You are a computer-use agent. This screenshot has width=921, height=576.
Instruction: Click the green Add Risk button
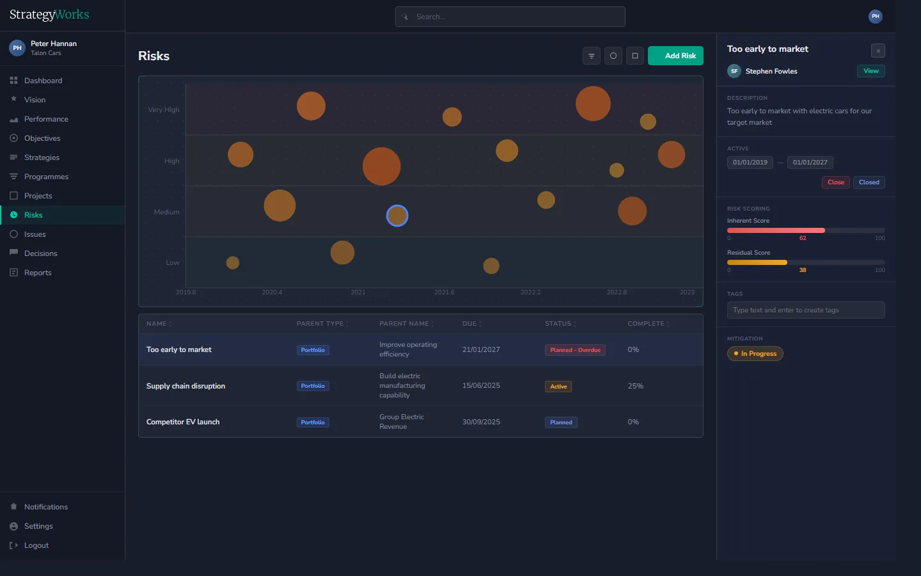tap(675, 56)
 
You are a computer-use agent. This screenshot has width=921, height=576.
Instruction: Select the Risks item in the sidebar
tap(33, 215)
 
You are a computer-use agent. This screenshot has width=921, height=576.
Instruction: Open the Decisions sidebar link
tap(40, 253)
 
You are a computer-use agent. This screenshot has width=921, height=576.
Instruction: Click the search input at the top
tap(510, 17)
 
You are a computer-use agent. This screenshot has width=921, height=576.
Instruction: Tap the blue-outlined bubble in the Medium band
tap(397, 216)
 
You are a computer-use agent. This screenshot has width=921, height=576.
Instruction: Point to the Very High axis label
tap(164, 109)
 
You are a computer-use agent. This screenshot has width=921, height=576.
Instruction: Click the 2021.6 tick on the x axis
tap(445, 292)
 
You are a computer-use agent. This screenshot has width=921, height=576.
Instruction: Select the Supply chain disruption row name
tap(185, 386)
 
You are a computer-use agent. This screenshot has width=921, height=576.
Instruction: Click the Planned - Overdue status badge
tap(575, 350)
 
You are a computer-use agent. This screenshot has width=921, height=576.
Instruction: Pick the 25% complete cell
tap(635, 386)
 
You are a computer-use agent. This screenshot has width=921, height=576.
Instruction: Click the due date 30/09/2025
tap(481, 422)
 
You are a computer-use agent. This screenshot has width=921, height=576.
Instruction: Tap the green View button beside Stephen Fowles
tap(870, 71)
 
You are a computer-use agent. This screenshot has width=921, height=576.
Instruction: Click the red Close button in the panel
tap(835, 182)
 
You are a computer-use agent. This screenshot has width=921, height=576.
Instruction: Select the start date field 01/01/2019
tap(750, 163)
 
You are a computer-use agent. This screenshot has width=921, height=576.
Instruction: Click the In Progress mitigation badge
tap(755, 354)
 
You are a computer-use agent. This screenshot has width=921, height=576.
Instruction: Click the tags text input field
tap(805, 310)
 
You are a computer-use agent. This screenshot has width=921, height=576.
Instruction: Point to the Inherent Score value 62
tap(803, 238)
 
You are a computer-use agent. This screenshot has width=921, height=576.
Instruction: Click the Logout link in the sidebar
tap(36, 545)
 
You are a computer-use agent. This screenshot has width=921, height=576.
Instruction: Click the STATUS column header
tap(558, 324)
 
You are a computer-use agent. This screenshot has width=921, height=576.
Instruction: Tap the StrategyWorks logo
tap(49, 15)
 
